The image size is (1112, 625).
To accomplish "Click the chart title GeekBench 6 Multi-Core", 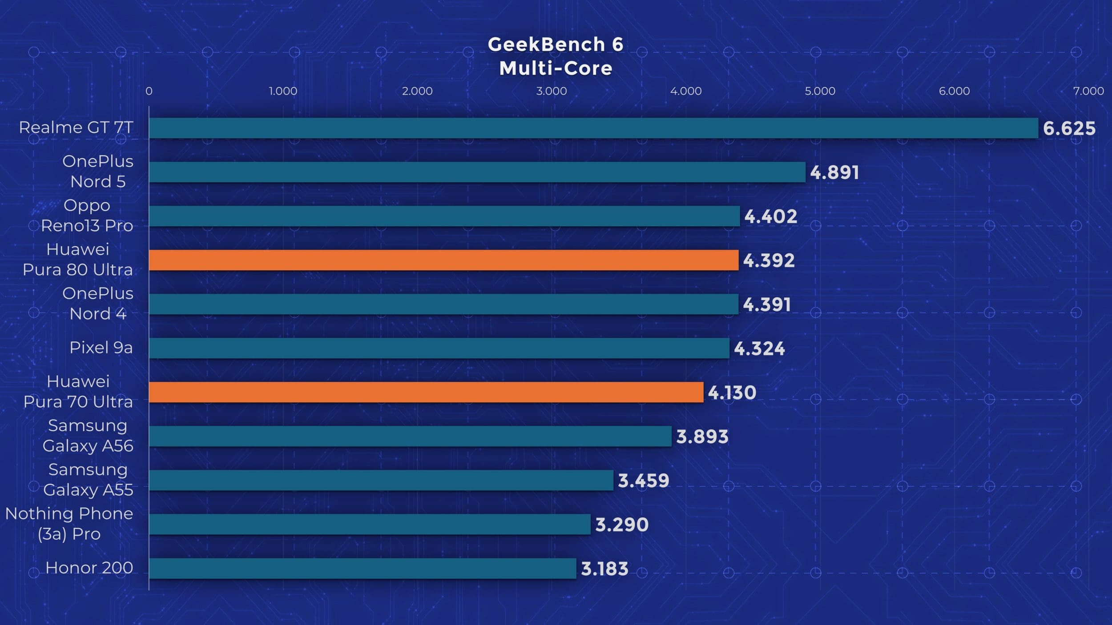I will pyautogui.click(x=556, y=56).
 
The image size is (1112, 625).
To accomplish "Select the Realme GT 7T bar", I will pyautogui.click(x=593, y=128).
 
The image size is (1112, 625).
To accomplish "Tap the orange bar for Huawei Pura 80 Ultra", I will pyautogui.click(x=443, y=260).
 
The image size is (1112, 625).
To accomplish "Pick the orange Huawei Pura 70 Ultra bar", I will pyautogui.click(x=426, y=392).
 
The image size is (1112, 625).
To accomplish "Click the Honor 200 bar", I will pyautogui.click(x=363, y=568).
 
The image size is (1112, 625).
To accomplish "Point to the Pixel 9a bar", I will pyautogui.click(x=439, y=348).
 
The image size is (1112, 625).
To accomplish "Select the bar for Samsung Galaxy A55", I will pyautogui.click(x=381, y=480).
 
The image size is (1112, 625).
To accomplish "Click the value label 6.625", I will pyautogui.click(x=1069, y=128).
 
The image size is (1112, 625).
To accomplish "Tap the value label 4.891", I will pyautogui.click(x=834, y=172).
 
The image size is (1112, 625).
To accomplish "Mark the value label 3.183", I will pyautogui.click(x=604, y=569).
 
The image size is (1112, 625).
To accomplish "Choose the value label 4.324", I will pyautogui.click(x=759, y=349).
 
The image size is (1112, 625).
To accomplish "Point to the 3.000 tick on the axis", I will pyautogui.click(x=551, y=91).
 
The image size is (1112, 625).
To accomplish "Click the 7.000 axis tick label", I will pyautogui.click(x=1088, y=91).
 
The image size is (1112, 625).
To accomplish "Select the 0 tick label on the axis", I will pyautogui.click(x=149, y=91).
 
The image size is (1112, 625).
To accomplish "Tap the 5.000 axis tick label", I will pyautogui.click(x=820, y=91).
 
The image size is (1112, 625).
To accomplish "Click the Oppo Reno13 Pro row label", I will pyautogui.click(x=87, y=216).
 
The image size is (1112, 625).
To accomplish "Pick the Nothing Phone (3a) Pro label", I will pyautogui.click(x=69, y=524).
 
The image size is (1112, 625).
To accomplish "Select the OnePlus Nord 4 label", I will pyautogui.click(x=98, y=304).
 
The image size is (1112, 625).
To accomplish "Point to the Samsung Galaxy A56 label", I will pyautogui.click(x=88, y=436).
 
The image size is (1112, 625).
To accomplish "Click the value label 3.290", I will pyautogui.click(x=622, y=525).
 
